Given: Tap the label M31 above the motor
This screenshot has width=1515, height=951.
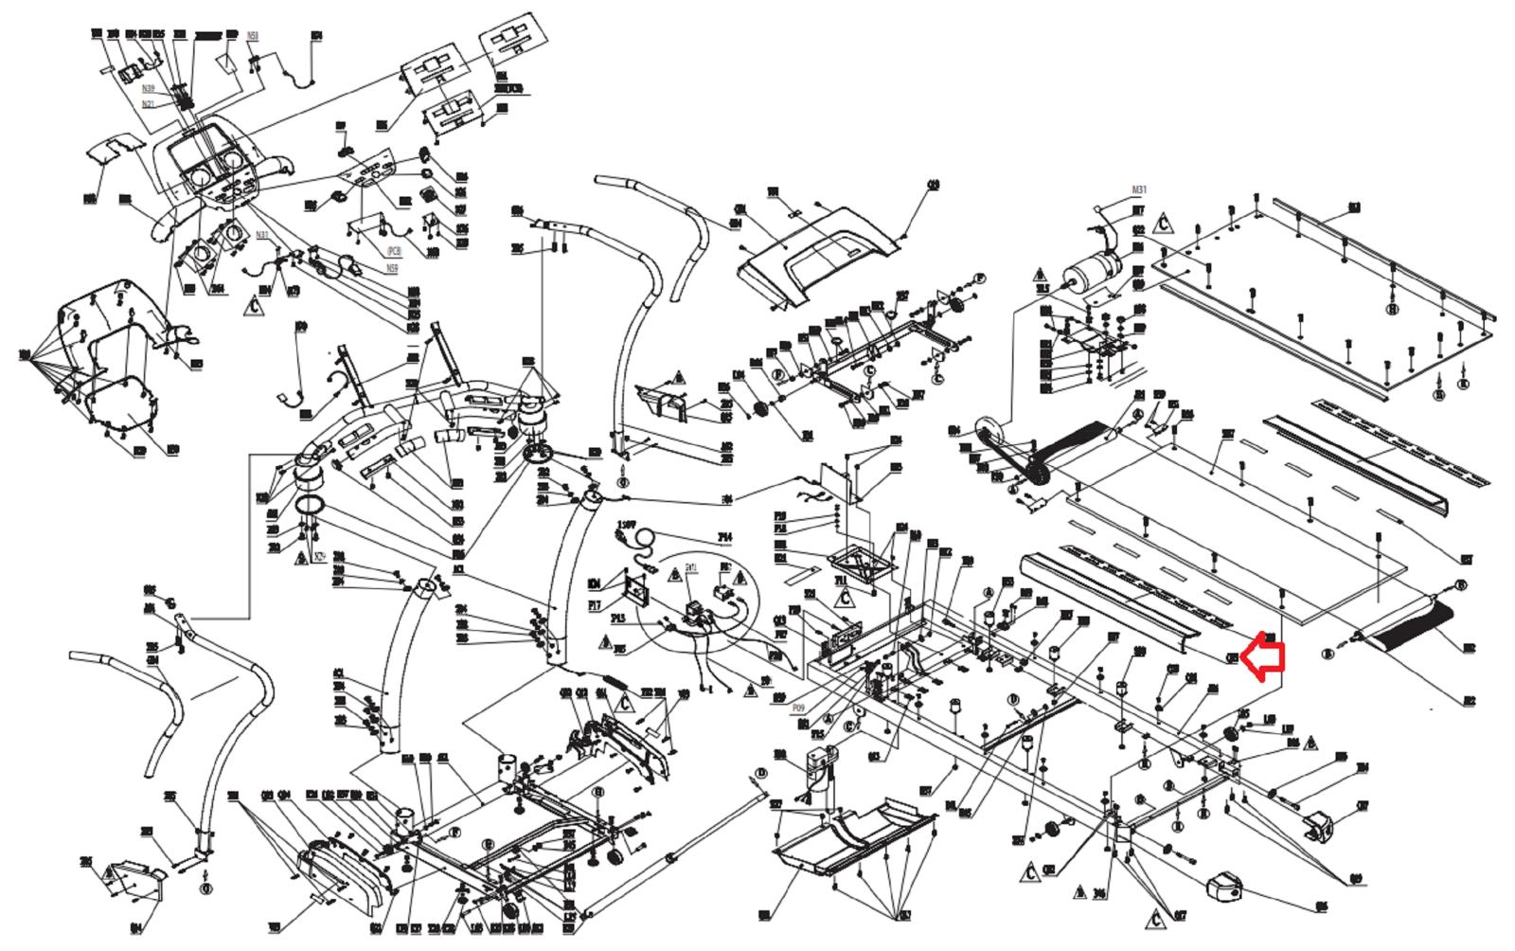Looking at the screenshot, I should [x=1138, y=190].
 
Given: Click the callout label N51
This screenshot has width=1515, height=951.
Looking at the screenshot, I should [x=253, y=36].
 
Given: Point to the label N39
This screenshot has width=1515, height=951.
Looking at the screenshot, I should [x=148, y=89].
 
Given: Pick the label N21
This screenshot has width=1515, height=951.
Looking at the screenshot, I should [x=148, y=104].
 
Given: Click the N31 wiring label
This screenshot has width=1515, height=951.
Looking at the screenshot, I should [x=262, y=235].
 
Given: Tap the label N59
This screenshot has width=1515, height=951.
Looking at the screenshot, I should [x=392, y=269].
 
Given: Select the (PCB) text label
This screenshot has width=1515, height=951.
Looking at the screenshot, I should [x=394, y=251].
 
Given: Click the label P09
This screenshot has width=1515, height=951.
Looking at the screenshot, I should [x=798, y=709].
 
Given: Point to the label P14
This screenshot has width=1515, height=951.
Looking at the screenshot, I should [x=724, y=538].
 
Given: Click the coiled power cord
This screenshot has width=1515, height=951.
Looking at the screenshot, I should [x=642, y=541].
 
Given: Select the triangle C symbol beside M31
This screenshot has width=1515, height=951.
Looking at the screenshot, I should [x=1164, y=224].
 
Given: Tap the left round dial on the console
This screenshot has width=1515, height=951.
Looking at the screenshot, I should [x=201, y=177].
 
